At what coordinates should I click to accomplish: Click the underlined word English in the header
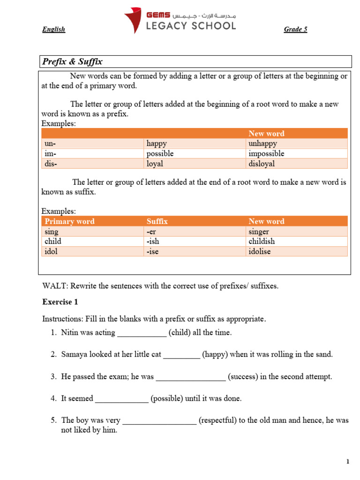pyautogui.click(x=53, y=30)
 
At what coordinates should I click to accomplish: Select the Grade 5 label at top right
pyautogui.click(x=295, y=30)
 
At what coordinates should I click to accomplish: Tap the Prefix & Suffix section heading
pyautogui.click(x=72, y=61)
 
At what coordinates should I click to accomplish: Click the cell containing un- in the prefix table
pyautogui.click(x=49, y=143)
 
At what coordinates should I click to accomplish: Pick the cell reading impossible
pyautogui.click(x=266, y=154)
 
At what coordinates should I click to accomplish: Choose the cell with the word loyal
pyautogui.click(x=157, y=164)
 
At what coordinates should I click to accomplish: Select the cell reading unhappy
pyautogui.click(x=262, y=143)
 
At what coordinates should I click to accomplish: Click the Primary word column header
pyautogui.click(x=69, y=221)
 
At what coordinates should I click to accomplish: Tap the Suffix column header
pyautogui.click(x=157, y=221)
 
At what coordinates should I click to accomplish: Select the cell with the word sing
pyautogui.click(x=52, y=232)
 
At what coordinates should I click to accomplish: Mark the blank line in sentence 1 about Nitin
pyautogui.click(x=142, y=333)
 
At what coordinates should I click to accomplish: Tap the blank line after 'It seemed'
pyautogui.click(x=121, y=399)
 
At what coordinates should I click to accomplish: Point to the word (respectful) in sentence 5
pyautogui.click(x=217, y=420)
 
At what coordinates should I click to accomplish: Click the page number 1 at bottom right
pyautogui.click(x=348, y=462)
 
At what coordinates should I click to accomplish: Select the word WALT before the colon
pyautogui.click(x=52, y=286)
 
